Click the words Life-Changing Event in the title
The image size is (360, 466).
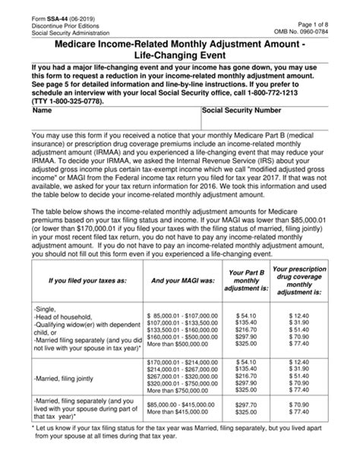(180, 55)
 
